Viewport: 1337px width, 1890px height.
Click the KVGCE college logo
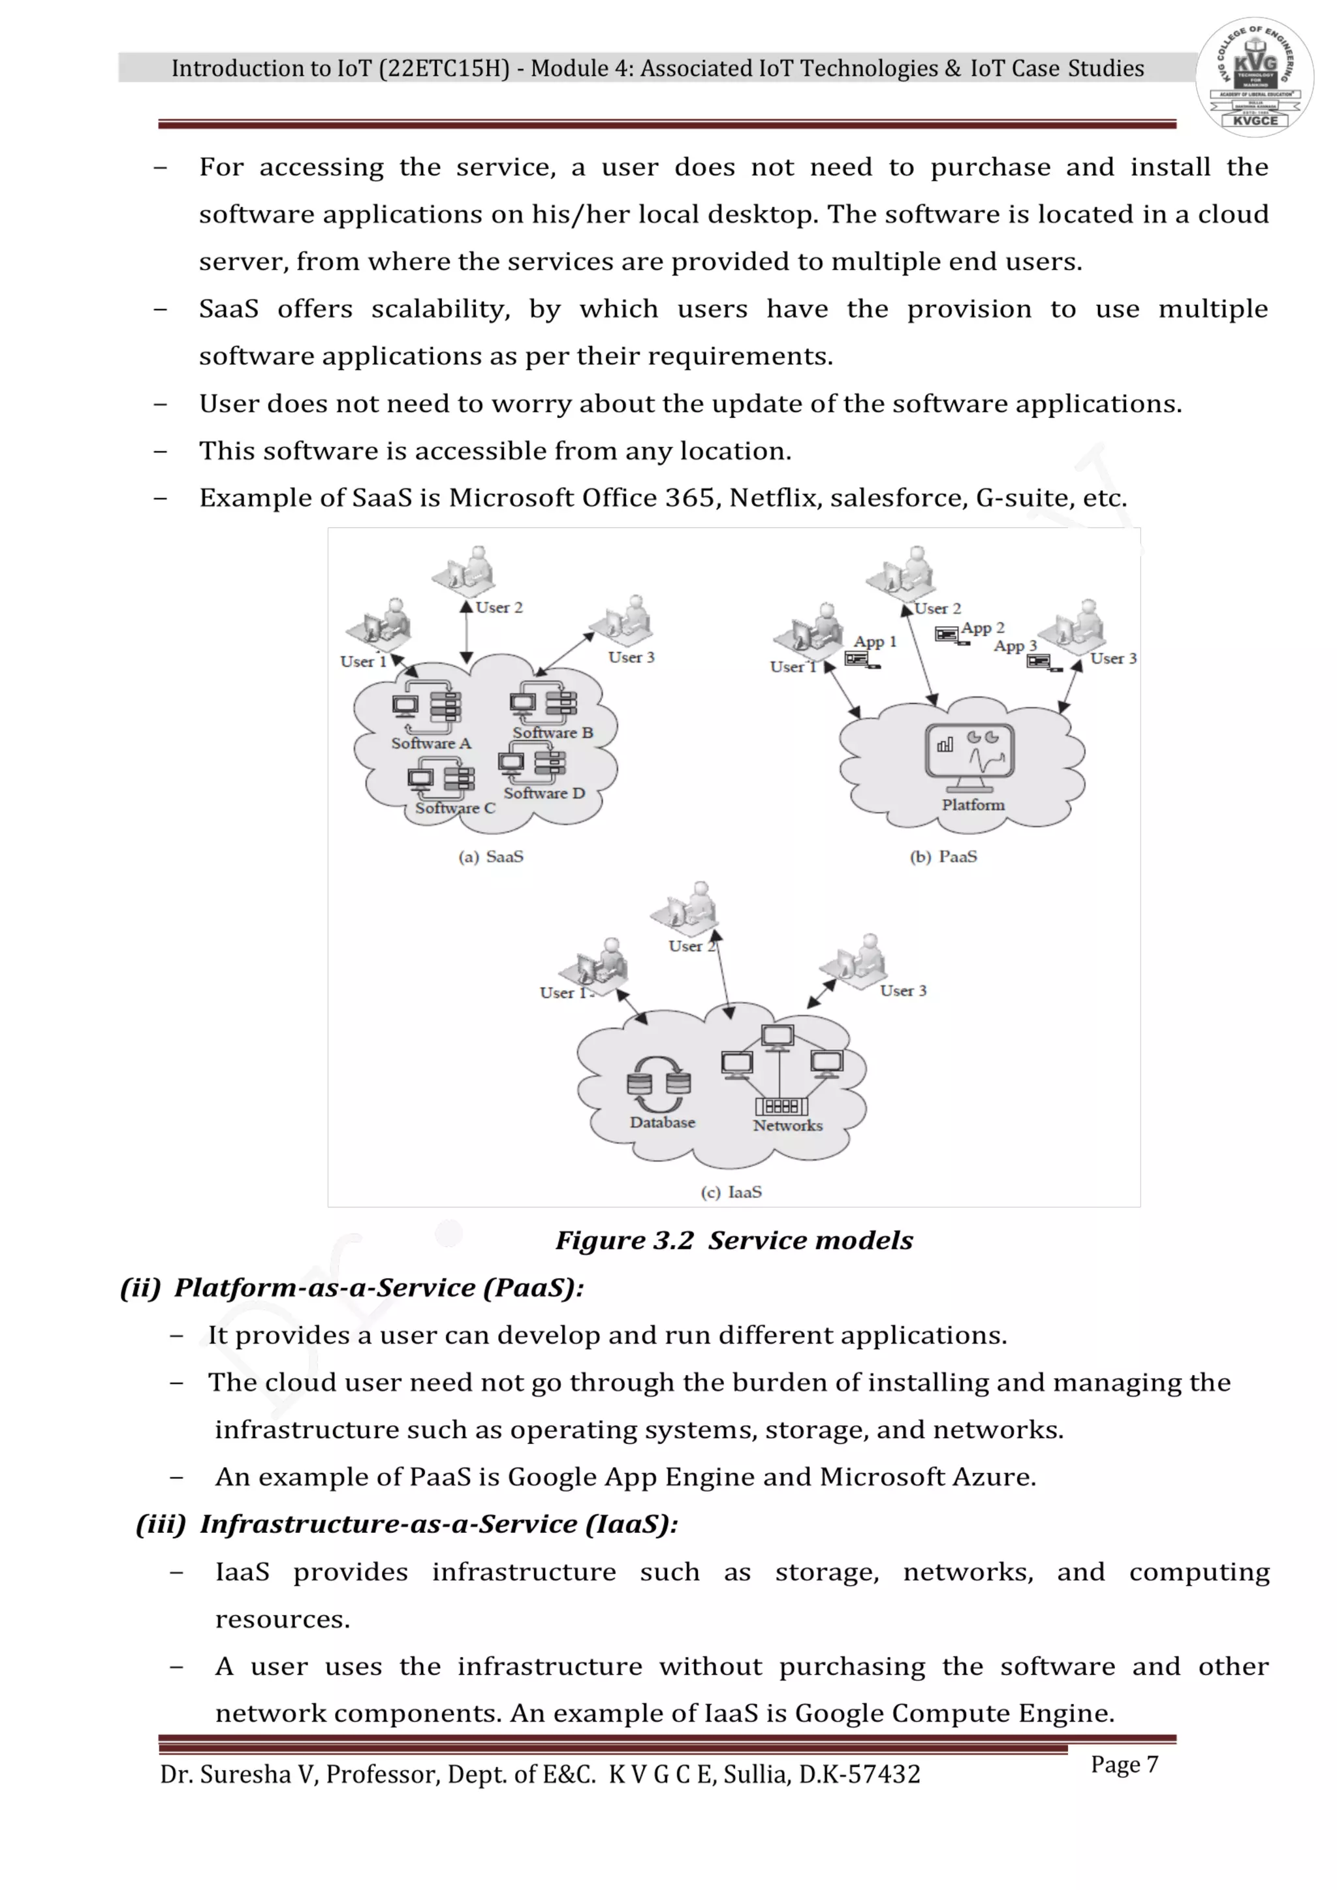(1254, 76)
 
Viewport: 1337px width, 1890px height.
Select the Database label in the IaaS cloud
(662, 1122)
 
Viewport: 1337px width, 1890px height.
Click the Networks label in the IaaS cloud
(787, 1126)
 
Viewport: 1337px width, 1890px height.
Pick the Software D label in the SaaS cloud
(544, 793)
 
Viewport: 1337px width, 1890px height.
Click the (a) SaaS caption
(491, 857)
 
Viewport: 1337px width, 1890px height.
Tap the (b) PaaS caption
(943, 857)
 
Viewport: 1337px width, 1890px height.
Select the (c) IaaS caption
(731, 1192)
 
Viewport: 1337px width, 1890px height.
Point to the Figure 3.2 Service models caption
(734, 1240)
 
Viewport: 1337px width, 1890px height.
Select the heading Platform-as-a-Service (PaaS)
(378, 1287)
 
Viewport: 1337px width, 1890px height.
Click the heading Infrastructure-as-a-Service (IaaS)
(438, 1524)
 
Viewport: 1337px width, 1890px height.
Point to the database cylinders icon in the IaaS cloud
(659, 1083)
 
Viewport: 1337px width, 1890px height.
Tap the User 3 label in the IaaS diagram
(903, 991)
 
